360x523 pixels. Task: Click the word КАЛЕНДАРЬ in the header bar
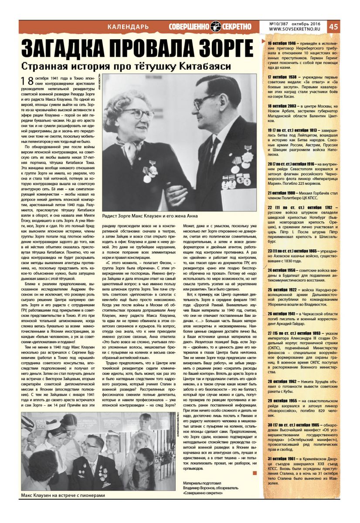[128, 27]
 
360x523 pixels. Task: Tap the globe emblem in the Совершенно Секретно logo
[215, 27]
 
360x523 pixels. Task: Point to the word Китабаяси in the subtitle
[205, 66]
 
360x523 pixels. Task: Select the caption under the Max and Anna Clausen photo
[149, 216]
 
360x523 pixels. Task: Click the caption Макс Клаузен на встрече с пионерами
[63, 496]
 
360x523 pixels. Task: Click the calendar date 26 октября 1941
[282, 302]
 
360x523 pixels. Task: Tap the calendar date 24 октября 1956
[282, 270]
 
